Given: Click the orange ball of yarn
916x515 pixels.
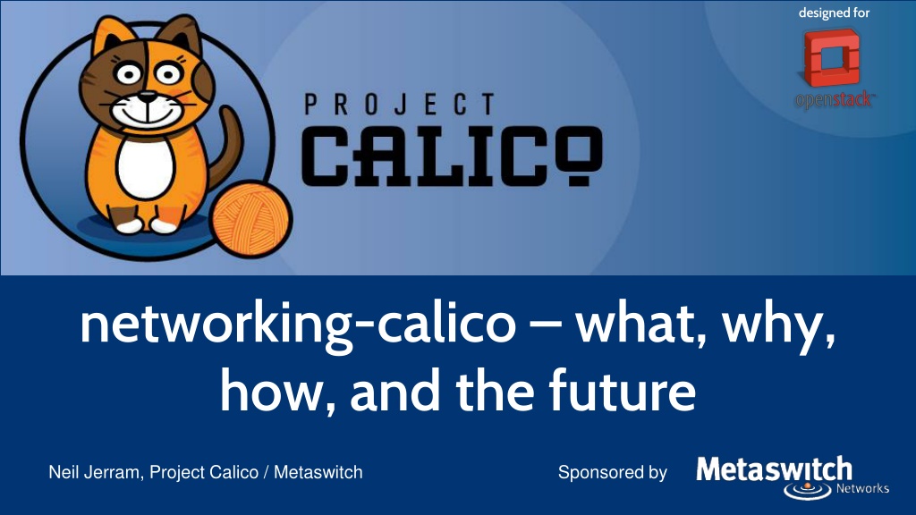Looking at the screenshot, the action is pos(251,219).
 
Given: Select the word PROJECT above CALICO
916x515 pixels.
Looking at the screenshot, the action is pos(400,106).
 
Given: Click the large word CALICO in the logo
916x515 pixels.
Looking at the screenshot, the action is pos(451,156).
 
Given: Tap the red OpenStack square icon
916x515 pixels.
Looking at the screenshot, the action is pos(832,57).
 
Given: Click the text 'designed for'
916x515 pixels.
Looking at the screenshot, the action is pos(835,13).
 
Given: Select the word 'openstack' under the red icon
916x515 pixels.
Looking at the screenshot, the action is pos(835,100).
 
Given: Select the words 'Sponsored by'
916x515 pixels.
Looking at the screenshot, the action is pos(612,472).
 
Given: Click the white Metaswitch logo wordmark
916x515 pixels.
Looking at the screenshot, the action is pos(774,469).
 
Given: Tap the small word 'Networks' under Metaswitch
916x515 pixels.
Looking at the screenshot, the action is pos(862,488).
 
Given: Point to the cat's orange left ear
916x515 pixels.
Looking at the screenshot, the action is pos(109,36).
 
